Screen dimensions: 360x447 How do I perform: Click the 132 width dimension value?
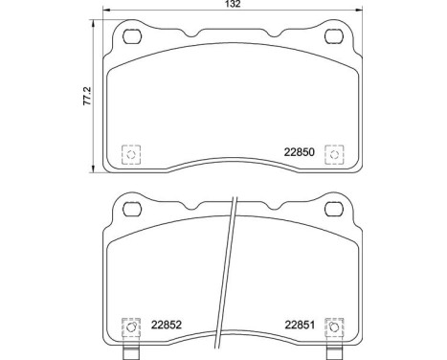pyautogui.click(x=233, y=6)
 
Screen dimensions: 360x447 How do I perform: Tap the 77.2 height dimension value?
pyautogui.click(x=87, y=95)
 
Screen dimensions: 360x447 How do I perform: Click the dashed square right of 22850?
pyautogui.click(x=334, y=153)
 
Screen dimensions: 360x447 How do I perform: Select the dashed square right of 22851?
pyautogui.click(x=334, y=327)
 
